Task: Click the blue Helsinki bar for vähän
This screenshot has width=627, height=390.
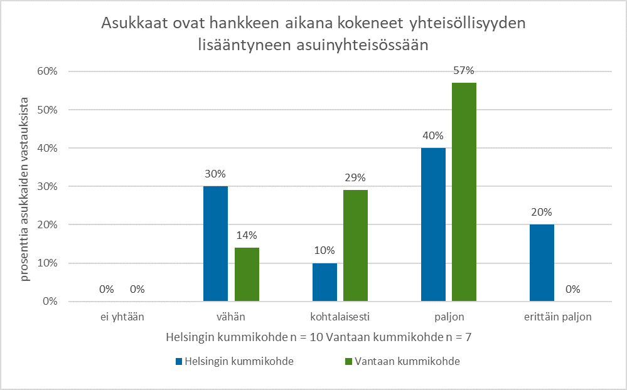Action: tap(216, 244)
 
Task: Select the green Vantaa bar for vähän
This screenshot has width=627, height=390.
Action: tap(247, 275)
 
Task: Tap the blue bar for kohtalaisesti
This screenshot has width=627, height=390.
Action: tap(324, 282)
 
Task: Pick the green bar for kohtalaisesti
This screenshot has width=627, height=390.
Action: tap(355, 246)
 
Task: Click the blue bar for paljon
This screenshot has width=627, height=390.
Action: tap(433, 224)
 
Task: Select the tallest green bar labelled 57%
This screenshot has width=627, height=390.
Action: tap(464, 192)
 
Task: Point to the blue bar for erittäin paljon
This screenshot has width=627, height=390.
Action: tap(542, 263)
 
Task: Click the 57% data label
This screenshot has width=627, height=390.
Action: tap(464, 70)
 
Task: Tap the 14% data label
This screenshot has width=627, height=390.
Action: tap(247, 235)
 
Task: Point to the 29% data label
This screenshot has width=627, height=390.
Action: tap(355, 178)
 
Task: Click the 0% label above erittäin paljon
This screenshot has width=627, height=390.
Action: tap(572, 289)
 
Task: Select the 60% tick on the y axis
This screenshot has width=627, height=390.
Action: tap(47, 71)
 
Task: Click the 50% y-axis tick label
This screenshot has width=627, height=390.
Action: tap(47, 110)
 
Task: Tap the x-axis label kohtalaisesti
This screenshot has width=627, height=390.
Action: tap(340, 317)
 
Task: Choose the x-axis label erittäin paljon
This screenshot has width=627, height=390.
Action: tap(557, 317)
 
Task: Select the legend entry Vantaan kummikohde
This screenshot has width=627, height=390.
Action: tap(402, 361)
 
